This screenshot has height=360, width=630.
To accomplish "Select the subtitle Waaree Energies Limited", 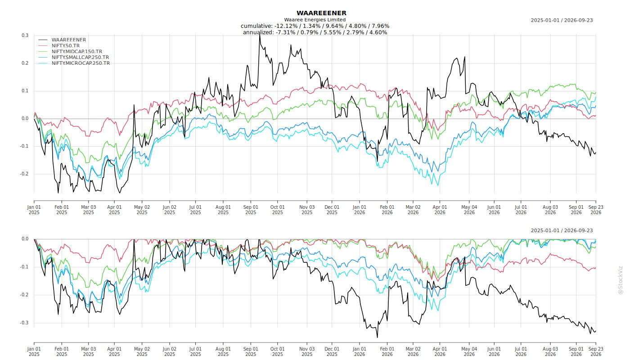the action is pos(315,20).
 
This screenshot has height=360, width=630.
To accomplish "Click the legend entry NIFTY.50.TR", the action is pos(66,45).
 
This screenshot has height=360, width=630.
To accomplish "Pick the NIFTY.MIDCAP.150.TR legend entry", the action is pos(77,51).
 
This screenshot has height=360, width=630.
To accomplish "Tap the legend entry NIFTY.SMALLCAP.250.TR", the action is pos(80,58).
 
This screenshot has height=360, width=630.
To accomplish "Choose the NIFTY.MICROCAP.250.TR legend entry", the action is pos(81,63).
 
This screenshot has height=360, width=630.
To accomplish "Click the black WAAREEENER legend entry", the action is pos(68,40).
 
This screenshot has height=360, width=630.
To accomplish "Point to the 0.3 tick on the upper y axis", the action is pos(25,36).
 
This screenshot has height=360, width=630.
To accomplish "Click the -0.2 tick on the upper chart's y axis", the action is pos(24,174).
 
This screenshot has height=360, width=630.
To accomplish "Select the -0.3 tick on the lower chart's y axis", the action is pos(24,323).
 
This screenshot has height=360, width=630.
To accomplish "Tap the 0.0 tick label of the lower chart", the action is pos(25,239).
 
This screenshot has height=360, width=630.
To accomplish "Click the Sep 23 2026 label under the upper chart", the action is pos(596,210).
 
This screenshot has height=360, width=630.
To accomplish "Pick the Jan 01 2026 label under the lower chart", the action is pos(360,351).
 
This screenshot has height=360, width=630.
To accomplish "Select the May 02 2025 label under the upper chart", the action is pos(142,210).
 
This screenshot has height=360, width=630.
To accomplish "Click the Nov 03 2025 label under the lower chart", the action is pos(307,351).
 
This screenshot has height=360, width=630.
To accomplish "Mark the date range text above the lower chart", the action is pos(562,230).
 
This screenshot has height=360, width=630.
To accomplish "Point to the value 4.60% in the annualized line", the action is pos(378,32).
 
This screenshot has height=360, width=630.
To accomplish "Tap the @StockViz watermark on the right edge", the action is pos(620,280).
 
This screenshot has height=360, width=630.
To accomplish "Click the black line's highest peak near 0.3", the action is pos(260,35).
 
